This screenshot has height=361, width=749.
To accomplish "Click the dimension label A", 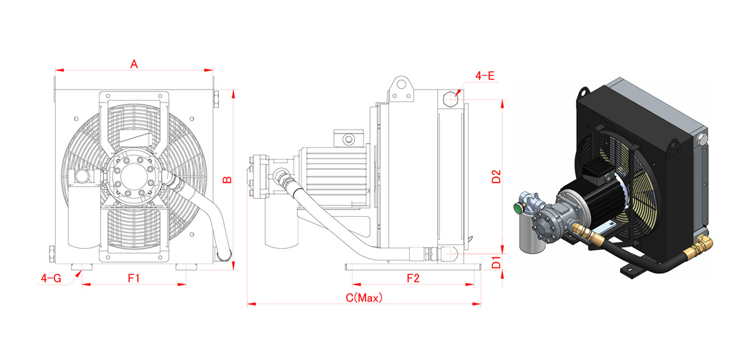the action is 134,64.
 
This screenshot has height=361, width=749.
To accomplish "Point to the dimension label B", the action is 227,180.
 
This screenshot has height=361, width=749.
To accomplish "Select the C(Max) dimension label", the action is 364,297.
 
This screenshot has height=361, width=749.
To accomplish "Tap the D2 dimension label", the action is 496,176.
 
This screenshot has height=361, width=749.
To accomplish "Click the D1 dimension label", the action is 496,263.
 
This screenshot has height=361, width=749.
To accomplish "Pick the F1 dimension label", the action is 134,278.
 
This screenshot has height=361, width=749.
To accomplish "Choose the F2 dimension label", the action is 413,278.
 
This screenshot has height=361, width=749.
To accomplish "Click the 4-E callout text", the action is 485,76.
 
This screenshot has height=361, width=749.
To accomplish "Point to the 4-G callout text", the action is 51,278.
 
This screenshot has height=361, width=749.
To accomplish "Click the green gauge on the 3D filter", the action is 518,209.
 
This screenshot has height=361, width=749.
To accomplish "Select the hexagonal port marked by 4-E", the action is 450,98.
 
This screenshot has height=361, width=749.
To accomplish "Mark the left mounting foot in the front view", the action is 82,267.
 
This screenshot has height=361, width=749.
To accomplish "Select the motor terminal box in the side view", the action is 348,138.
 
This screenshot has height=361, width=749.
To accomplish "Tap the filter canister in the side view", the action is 281,222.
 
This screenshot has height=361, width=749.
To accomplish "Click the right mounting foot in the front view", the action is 186,267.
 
